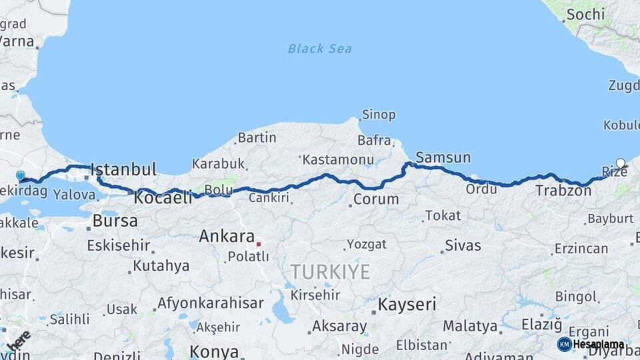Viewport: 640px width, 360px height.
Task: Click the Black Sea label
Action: pos(320,49)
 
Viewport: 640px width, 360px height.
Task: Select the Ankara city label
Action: pos(227,237)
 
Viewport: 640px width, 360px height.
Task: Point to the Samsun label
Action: pos(443,158)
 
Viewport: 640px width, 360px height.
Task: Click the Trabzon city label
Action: pos(563,191)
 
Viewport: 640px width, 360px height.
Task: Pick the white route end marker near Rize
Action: pos(621,163)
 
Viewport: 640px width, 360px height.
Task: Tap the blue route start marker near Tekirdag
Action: pos(21,176)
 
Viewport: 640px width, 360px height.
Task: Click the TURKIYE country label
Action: pos(330,271)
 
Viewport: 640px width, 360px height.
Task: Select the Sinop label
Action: pos(379,115)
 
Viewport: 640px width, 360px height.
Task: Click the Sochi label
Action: pos(585,14)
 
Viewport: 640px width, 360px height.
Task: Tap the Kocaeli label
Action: pos(163,197)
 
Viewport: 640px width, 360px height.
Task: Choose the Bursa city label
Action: pos(115,220)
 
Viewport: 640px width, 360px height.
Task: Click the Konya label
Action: pos(214,351)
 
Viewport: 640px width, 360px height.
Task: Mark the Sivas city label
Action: pos(463,245)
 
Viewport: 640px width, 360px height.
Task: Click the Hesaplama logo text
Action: pos(598,345)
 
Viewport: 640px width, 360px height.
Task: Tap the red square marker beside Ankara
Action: pos(259,244)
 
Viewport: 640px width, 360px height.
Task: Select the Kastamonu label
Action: pos(337,160)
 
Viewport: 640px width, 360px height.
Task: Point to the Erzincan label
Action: pos(581,249)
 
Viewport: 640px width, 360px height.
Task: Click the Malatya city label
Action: pos(471,327)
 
